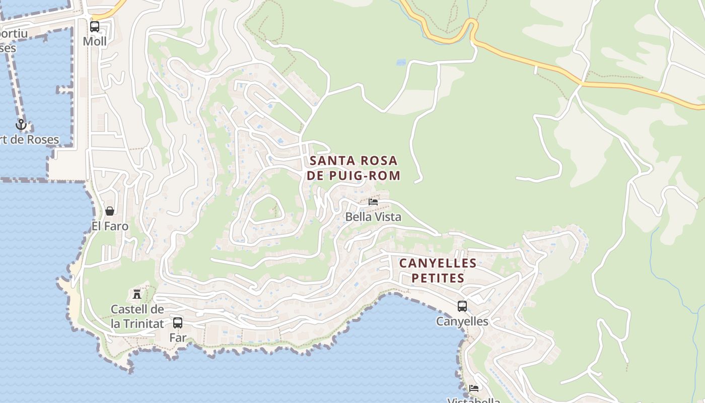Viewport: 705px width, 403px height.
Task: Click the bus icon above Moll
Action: pos(95,27)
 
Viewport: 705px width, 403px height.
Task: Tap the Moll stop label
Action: pos(95,41)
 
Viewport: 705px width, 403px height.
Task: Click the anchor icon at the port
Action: pos(21,124)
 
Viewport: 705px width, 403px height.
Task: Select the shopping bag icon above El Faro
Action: pos(110,211)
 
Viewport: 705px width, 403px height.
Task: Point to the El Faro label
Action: pos(110,226)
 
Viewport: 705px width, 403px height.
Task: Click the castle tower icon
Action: pos(136,294)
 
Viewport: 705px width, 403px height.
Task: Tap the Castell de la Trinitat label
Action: pos(137,316)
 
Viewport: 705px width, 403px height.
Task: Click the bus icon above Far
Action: pos(178,323)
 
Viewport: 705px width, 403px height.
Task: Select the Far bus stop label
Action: pos(178,338)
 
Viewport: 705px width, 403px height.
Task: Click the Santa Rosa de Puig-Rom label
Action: pos(354,168)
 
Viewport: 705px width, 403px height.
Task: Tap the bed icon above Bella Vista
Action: pos(373,202)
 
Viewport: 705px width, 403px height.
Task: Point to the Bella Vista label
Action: pos(373,217)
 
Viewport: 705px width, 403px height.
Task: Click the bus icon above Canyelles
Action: pos(462,306)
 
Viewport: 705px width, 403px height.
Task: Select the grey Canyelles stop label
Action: pos(462,321)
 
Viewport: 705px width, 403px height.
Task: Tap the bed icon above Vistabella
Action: pos(473,388)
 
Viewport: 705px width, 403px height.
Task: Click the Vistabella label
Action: pos(473,400)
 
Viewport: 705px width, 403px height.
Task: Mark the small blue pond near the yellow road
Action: pos(401,62)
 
